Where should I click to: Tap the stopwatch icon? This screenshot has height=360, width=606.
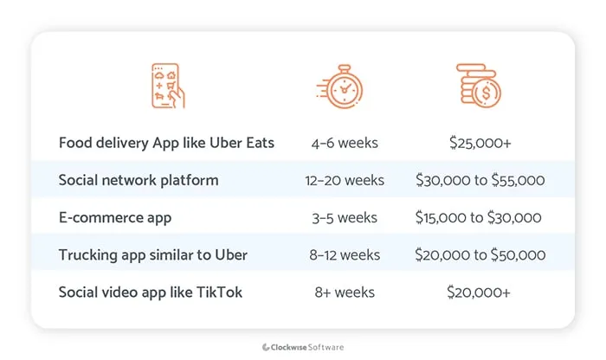344,87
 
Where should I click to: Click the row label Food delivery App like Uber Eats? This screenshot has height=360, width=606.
166,143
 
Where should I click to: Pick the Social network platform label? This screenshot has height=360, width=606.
139,180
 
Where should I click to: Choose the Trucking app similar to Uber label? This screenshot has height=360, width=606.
152,254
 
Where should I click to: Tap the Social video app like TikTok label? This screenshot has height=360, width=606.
150,292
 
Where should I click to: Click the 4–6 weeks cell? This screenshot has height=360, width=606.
345,143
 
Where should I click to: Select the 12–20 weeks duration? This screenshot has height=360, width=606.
345,180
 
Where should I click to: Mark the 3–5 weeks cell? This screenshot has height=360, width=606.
345,217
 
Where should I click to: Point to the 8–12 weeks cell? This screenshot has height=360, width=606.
345,254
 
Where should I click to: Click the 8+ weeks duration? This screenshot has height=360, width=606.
345,292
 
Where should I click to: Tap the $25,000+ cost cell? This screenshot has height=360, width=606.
479,143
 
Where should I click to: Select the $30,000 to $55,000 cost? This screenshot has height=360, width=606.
479,180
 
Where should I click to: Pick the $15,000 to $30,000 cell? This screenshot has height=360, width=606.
479,217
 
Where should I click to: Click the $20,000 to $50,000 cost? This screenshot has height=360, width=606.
479,254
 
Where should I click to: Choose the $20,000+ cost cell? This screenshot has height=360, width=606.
479,292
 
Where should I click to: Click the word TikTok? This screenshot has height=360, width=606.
220,292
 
